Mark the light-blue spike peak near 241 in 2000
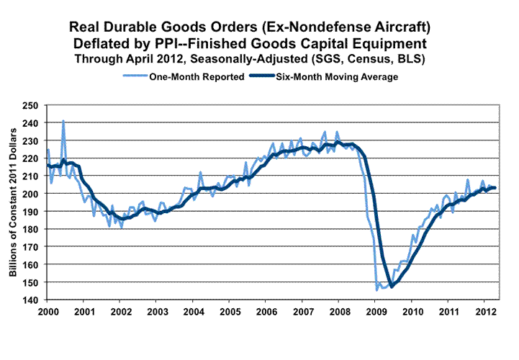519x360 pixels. pos(63,121)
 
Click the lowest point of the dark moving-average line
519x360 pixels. pos(392,285)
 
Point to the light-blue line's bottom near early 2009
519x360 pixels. pos(378,290)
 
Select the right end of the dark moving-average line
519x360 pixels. pos(495,188)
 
